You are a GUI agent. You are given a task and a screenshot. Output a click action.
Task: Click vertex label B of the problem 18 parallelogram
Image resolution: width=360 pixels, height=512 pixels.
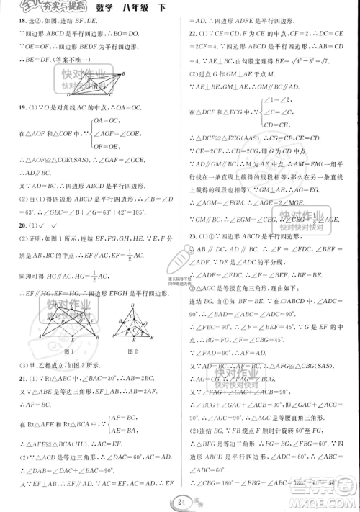click(122, 73)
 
